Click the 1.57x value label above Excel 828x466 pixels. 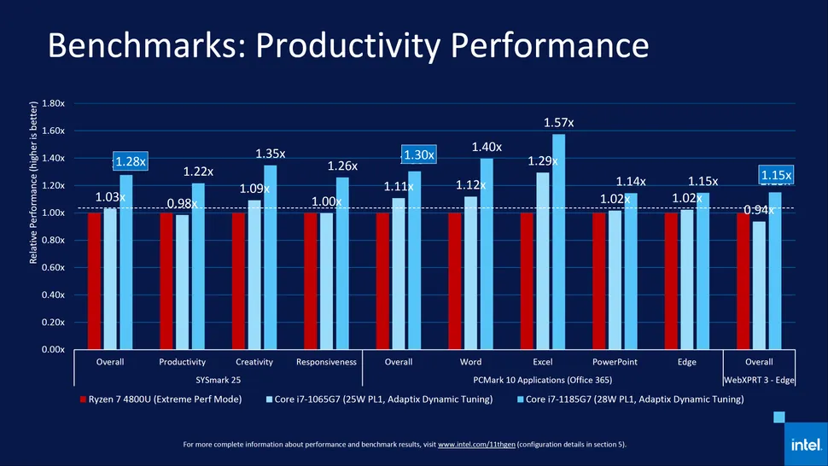click(558, 123)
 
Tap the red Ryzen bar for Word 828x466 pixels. click(455, 281)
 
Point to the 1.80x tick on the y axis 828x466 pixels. click(53, 103)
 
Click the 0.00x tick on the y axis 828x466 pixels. click(53, 349)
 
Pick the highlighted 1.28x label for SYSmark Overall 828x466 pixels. click(131, 160)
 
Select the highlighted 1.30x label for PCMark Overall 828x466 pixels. click(419, 154)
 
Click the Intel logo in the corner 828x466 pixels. click(806, 445)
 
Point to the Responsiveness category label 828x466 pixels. click(326, 362)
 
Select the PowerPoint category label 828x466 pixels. click(615, 362)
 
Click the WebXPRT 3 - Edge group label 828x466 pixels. click(759, 378)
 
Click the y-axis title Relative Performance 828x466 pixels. click(34, 182)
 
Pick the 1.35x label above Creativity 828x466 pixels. click(271, 154)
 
